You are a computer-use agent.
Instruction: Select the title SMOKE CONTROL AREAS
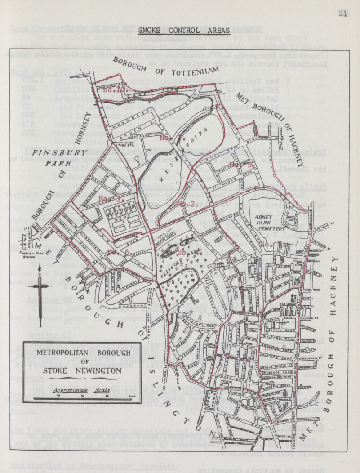tap(184, 31)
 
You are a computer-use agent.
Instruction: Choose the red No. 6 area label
tap(119, 252)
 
